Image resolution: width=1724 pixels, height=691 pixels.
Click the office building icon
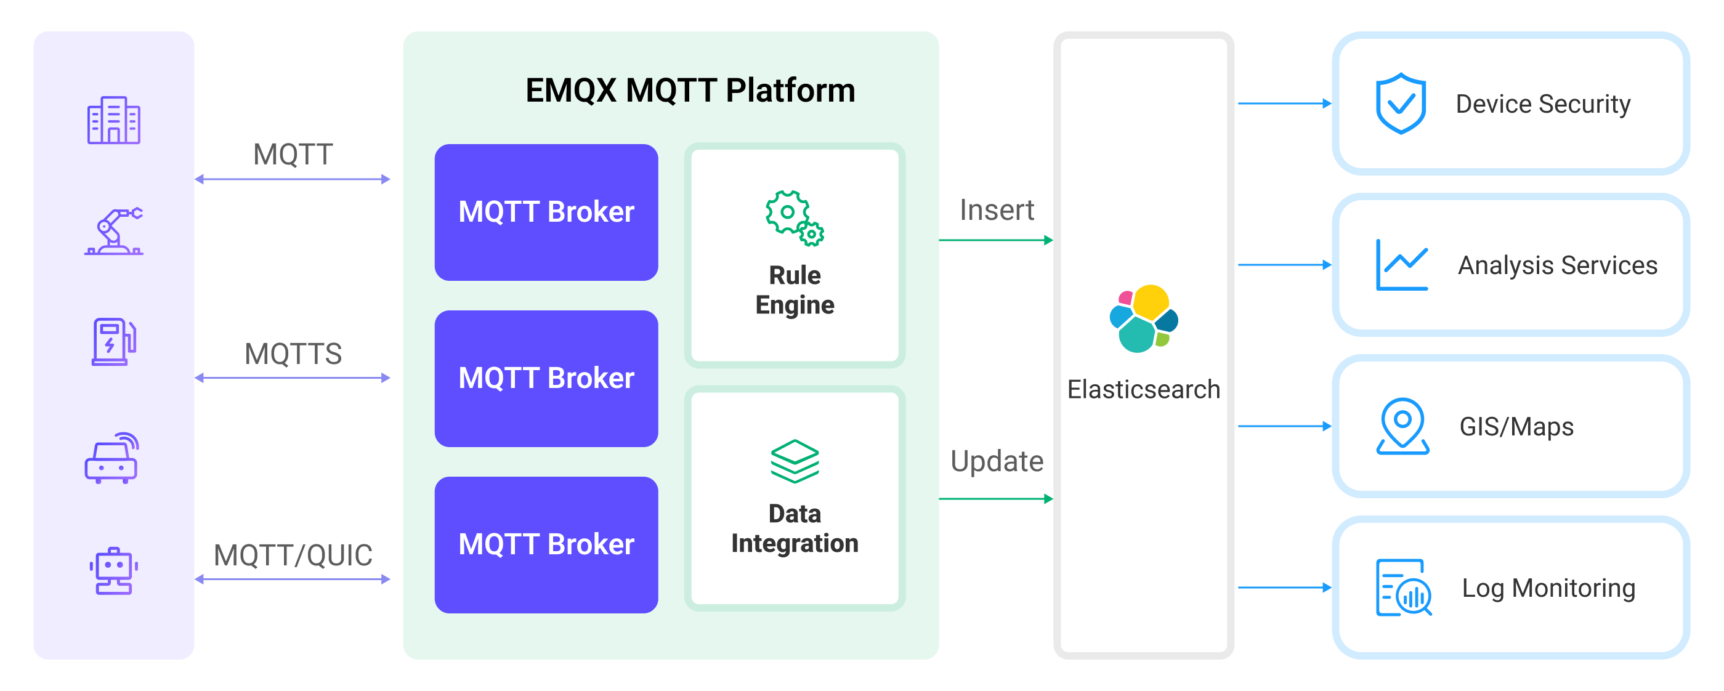(113, 121)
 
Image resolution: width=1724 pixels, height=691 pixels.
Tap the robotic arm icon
(114, 232)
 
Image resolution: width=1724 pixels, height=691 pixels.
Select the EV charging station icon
(113, 342)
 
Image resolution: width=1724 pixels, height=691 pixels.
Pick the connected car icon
(111, 458)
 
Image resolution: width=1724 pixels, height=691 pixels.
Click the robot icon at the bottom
(113, 570)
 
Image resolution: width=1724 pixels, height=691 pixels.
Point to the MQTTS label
(293, 354)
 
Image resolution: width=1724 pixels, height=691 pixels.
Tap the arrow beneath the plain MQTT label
(293, 179)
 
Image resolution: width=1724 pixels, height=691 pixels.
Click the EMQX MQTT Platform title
(690, 91)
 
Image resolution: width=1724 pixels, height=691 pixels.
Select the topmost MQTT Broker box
(546, 212)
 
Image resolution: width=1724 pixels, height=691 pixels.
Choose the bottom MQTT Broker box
(546, 544)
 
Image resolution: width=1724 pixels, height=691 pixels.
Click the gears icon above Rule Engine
(795, 218)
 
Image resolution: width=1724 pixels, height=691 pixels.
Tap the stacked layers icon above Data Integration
(795, 461)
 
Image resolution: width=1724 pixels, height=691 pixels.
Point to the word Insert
(997, 210)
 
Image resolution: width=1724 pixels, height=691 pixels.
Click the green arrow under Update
(996, 499)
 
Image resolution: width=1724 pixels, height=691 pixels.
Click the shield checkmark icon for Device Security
(1401, 103)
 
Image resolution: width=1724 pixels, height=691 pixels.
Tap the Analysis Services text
(1557, 265)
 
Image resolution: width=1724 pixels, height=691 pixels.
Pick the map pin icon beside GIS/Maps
(1402, 426)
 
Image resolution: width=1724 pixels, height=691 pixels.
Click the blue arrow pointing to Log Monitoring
(1284, 588)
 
